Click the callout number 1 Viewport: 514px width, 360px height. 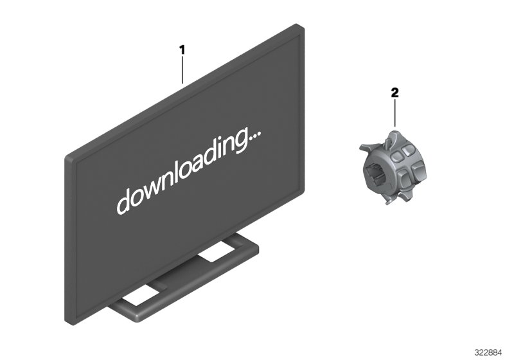pos(182,50)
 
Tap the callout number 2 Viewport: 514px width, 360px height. pos(394,93)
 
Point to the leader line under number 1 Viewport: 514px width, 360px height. pos(182,70)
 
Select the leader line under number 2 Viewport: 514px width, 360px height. pos(394,113)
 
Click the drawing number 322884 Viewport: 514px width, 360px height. pos(488,353)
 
